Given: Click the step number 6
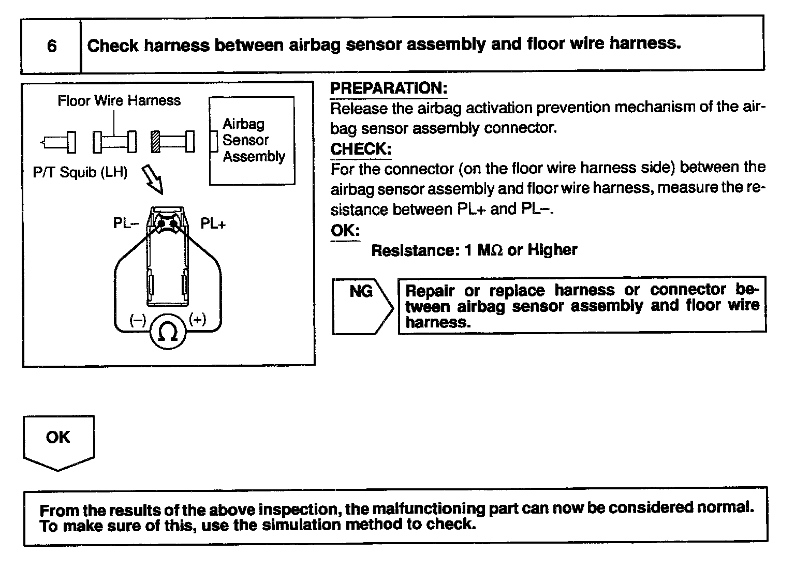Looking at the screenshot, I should pos(52,46).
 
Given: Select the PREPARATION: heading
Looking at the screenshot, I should pos(388,88).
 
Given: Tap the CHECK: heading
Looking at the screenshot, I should pos(361,149).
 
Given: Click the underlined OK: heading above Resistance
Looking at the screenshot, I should pos(345,231).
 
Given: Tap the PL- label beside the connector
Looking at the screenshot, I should pos(126,223).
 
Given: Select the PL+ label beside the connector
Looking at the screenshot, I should pos(213,223).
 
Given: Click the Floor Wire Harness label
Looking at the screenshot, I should pos(119,100).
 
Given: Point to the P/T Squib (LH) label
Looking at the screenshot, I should pos(80,172).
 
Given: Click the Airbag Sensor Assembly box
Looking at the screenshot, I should pos(252,140).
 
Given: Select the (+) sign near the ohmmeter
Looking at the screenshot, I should pos(197,319).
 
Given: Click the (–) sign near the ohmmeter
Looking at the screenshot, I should pos(138,320).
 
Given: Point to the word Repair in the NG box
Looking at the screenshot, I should pos(430,290).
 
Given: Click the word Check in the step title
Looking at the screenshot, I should pos(113,46).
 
